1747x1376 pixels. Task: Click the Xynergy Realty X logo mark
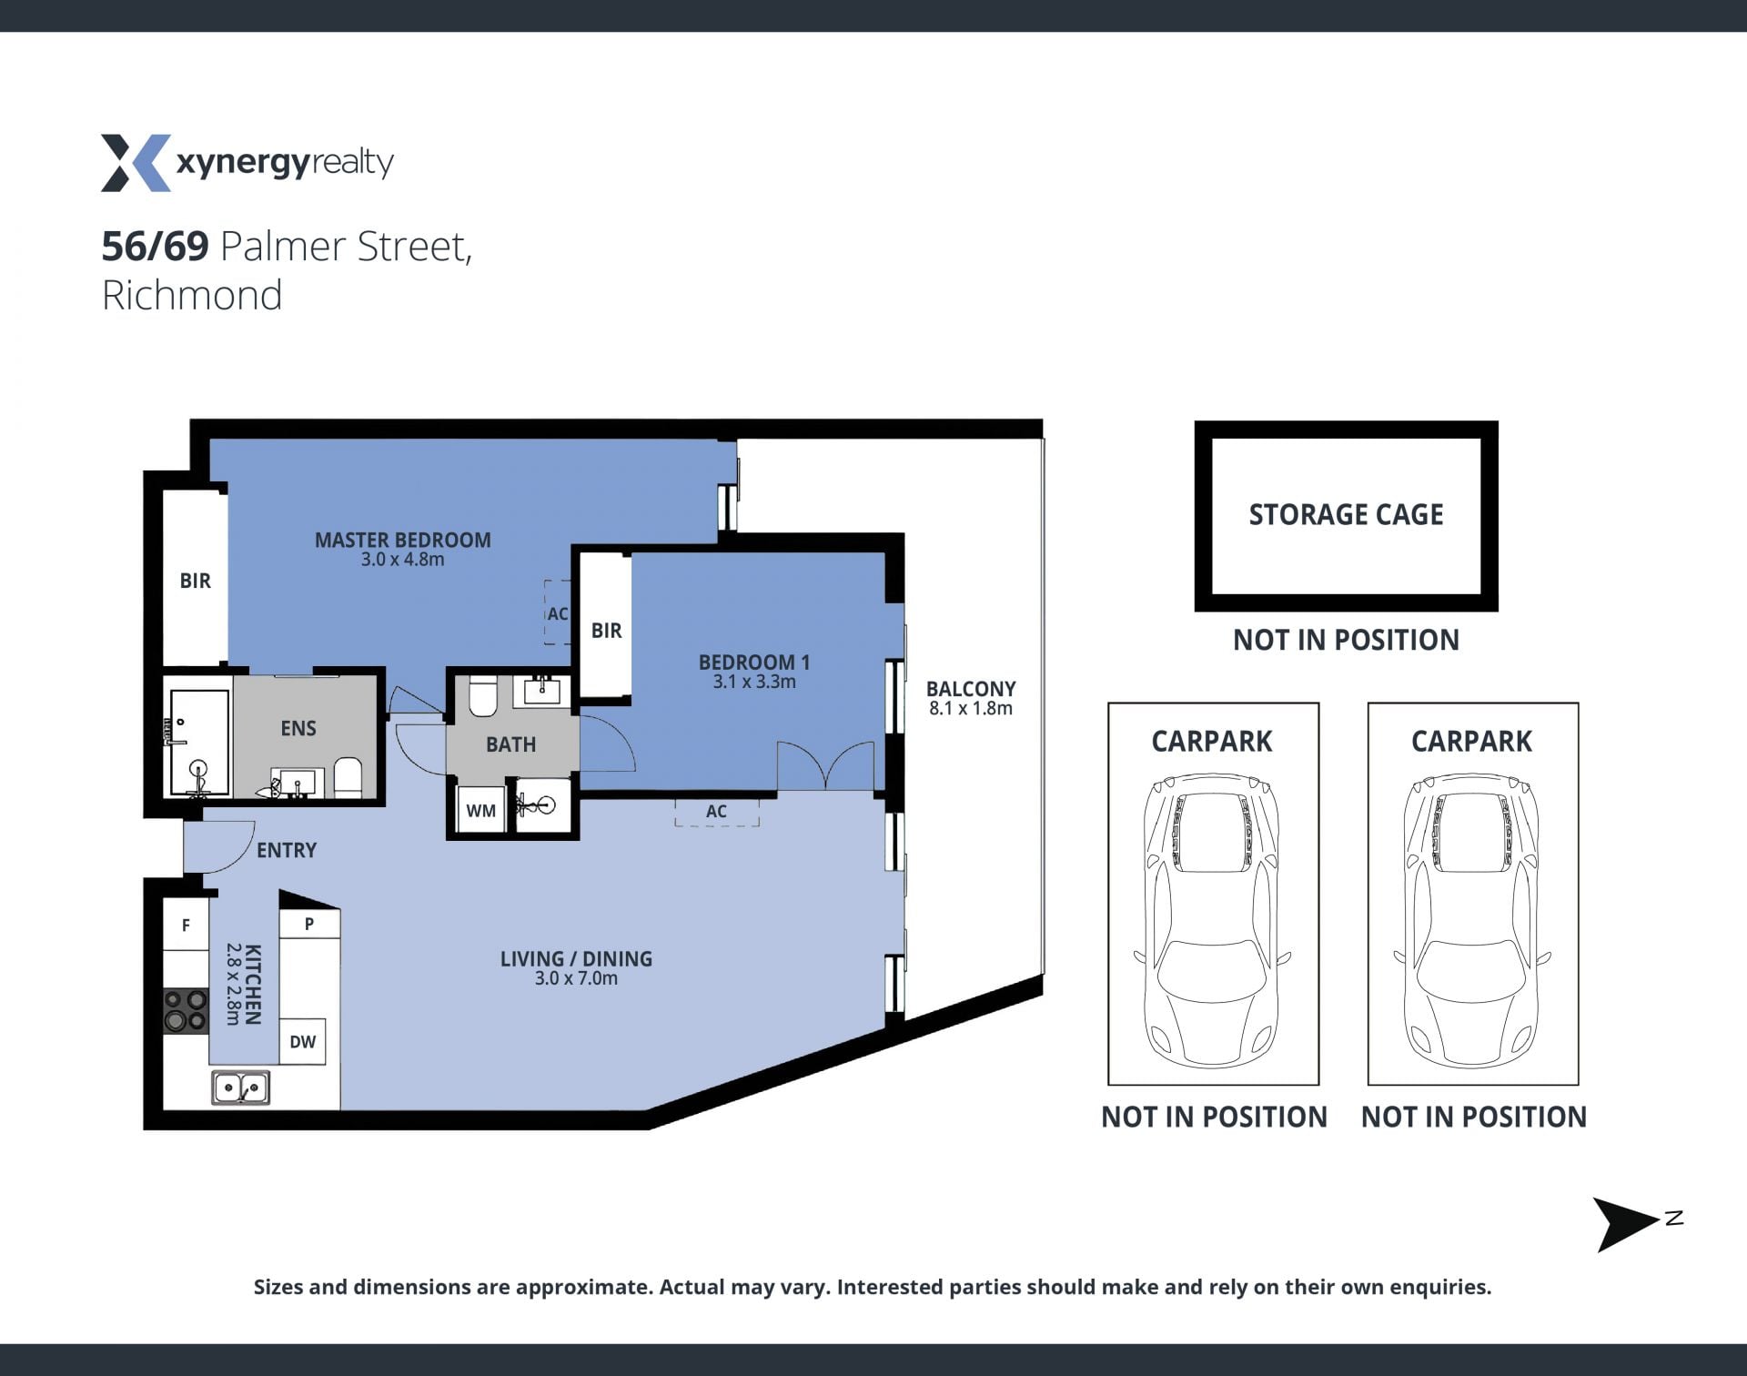[x=136, y=163]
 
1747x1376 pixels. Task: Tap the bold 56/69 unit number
[x=155, y=246]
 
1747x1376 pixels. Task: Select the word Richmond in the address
[x=192, y=295]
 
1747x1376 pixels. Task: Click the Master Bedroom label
[x=402, y=540]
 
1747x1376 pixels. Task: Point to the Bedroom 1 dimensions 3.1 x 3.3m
[x=754, y=682]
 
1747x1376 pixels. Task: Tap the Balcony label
[x=971, y=689]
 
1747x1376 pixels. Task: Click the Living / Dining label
[x=576, y=958]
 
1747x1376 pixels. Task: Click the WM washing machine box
[x=480, y=809]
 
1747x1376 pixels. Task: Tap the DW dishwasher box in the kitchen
[x=302, y=1041]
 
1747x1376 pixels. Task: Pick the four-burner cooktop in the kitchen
[x=186, y=1011]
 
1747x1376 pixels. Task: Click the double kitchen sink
[x=241, y=1088]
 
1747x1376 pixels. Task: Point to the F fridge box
[x=186, y=925]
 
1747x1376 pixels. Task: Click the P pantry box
[x=309, y=924]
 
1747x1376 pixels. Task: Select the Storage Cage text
[x=1346, y=515]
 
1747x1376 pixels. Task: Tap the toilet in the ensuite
[x=348, y=778]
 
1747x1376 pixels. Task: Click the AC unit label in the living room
[x=716, y=811]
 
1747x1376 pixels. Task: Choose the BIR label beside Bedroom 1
[x=606, y=630]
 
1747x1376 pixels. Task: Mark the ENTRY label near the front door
[x=287, y=850]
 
